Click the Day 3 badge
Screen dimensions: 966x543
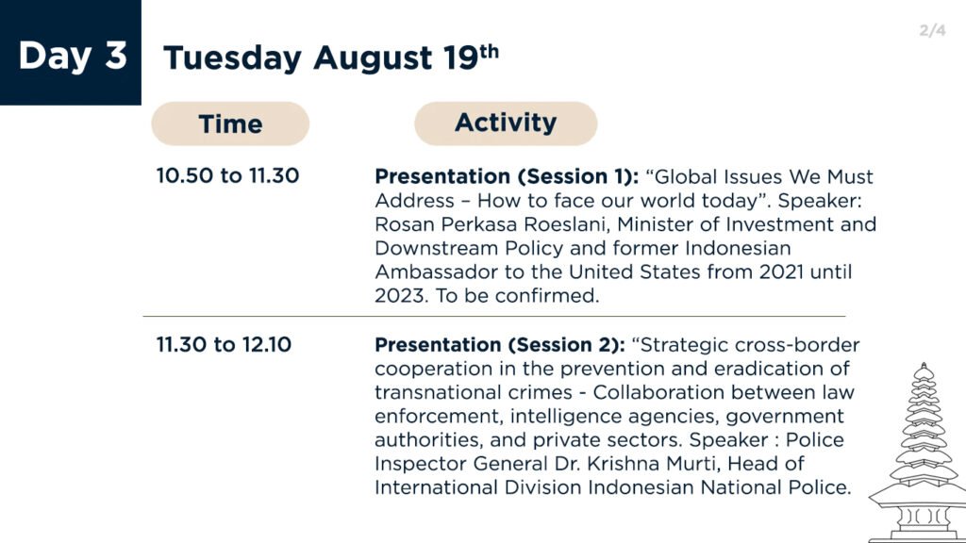click(70, 53)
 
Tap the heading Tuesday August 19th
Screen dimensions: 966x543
click(331, 58)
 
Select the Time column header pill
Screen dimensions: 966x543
click(230, 123)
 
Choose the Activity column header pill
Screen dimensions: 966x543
click(506, 123)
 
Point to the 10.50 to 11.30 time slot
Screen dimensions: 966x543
click(227, 175)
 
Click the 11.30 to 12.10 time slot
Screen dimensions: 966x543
click(224, 344)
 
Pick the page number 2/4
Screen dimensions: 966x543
click(932, 30)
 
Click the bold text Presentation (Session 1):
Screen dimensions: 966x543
click(507, 176)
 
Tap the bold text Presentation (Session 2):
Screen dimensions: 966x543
click(500, 345)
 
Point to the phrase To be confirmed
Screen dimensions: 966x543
click(517, 295)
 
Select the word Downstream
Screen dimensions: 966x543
click(437, 248)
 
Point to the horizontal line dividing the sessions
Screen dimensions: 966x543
click(494, 317)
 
